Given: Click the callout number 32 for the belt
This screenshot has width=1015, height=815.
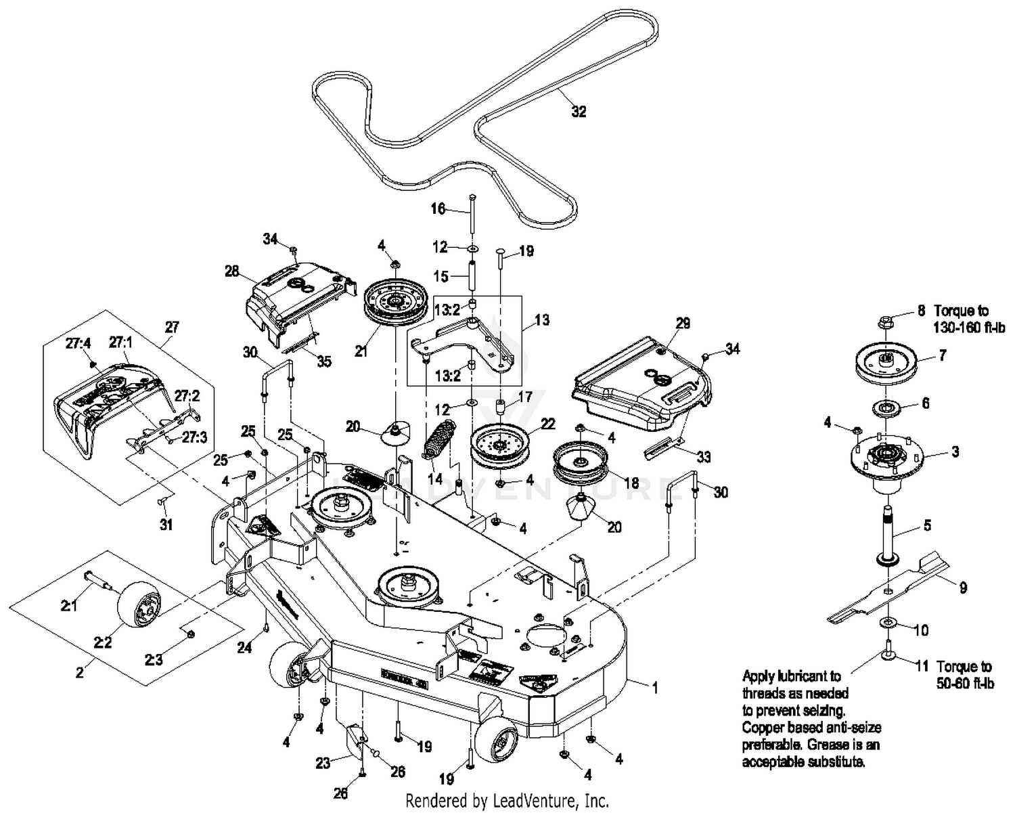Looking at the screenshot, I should [579, 112].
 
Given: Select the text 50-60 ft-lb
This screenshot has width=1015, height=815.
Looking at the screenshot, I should [965, 684].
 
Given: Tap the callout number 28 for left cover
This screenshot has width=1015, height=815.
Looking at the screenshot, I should [232, 271].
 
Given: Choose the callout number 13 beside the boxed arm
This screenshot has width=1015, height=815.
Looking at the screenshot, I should [542, 320].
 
